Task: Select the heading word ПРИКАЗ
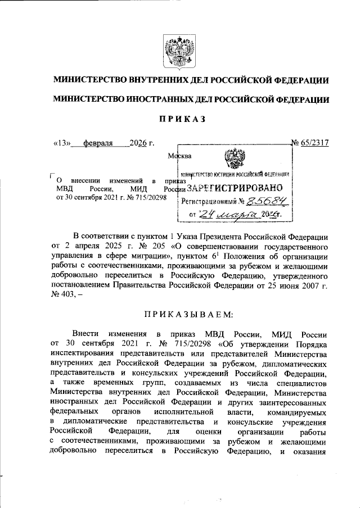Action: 179,119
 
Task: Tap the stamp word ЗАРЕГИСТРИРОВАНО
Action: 235,188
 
